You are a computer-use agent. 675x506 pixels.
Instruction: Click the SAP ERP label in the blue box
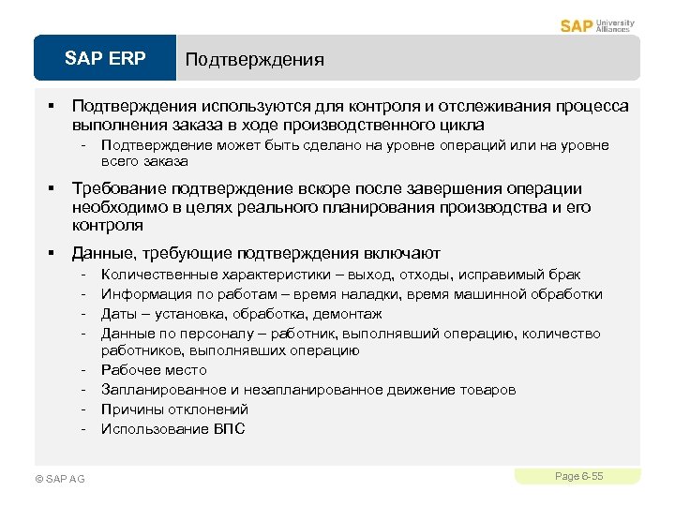click(x=105, y=59)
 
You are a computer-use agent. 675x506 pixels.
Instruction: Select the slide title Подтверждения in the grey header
click(x=255, y=60)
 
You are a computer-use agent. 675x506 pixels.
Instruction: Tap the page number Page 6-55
click(x=578, y=477)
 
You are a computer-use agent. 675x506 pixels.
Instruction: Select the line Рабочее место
click(x=154, y=370)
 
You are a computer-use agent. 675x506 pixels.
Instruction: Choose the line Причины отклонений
click(x=174, y=409)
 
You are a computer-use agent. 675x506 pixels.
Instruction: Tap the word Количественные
click(x=159, y=275)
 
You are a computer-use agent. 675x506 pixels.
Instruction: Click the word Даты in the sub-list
click(x=119, y=313)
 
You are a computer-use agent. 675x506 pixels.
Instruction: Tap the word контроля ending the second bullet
click(x=107, y=226)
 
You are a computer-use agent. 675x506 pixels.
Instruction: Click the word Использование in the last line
click(x=148, y=429)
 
